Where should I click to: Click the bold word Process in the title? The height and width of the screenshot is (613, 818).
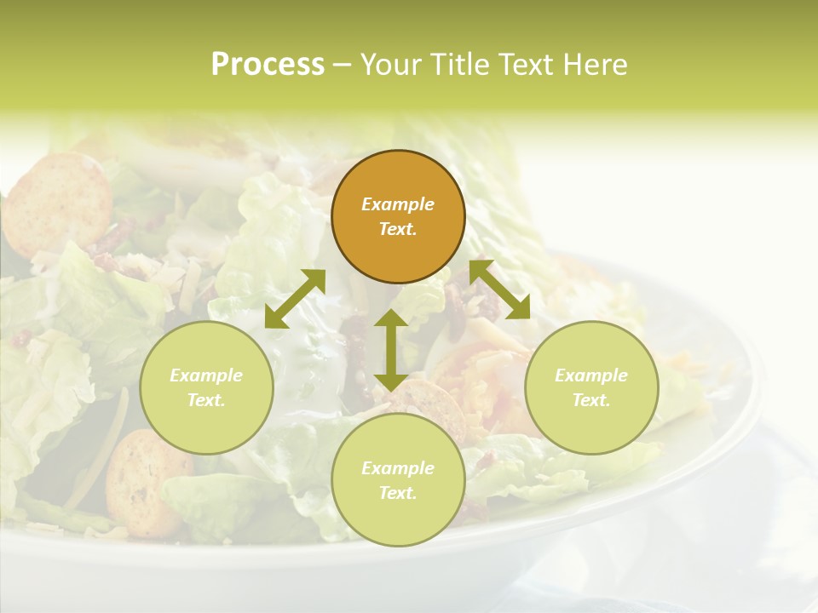pyautogui.click(x=268, y=65)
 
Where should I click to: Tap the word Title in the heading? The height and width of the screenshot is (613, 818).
pyautogui.click(x=458, y=65)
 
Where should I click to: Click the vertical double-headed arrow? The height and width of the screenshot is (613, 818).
pyautogui.click(x=391, y=350)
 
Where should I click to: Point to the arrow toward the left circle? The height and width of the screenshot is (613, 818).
pyautogui.click(x=295, y=299)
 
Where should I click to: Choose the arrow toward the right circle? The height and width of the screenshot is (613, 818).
pyautogui.click(x=499, y=289)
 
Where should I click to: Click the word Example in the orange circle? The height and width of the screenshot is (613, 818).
pyautogui.click(x=398, y=204)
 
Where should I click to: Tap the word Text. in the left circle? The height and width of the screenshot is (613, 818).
pyautogui.click(x=206, y=400)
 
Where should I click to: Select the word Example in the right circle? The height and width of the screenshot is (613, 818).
pyautogui.click(x=591, y=375)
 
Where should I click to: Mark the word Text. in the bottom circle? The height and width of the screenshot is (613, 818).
pyautogui.click(x=398, y=493)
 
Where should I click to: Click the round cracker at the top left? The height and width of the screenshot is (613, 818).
pyautogui.click(x=56, y=203)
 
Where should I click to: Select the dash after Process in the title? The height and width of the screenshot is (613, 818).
pyautogui.click(x=342, y=65)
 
